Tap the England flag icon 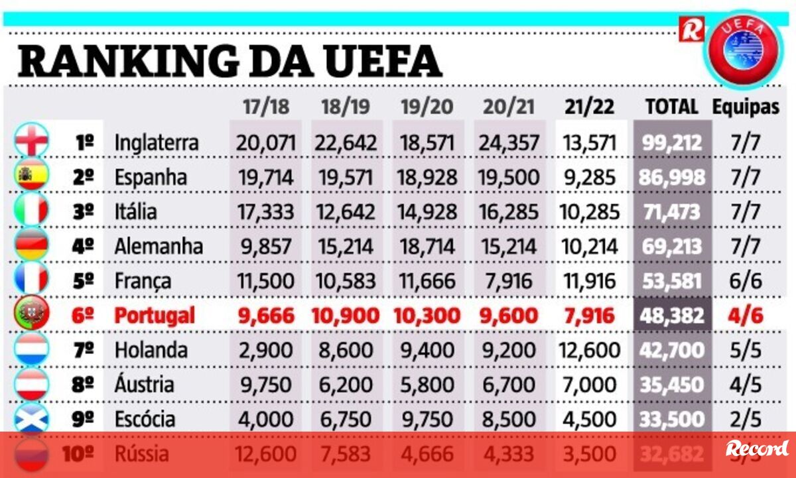(31, 141)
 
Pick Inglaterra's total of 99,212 (672, 142)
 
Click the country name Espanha (151, 177)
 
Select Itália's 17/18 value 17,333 (265, 211)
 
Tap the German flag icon (31, 245)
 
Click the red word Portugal (155, 316)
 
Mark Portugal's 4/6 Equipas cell (746, 316)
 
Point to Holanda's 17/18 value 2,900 (265, 350)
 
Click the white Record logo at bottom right (757, 449)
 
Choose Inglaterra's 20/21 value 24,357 (509, 142)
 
